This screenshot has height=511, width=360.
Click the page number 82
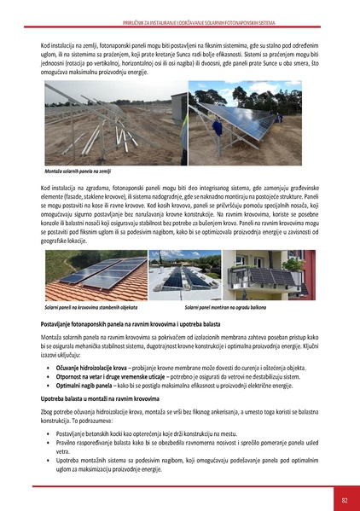coord(344,499)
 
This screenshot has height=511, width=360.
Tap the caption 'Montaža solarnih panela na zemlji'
coord(81,171)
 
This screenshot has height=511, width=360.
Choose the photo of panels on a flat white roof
coord(184,275)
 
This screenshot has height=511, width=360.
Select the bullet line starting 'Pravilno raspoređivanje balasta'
coord(171,444)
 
